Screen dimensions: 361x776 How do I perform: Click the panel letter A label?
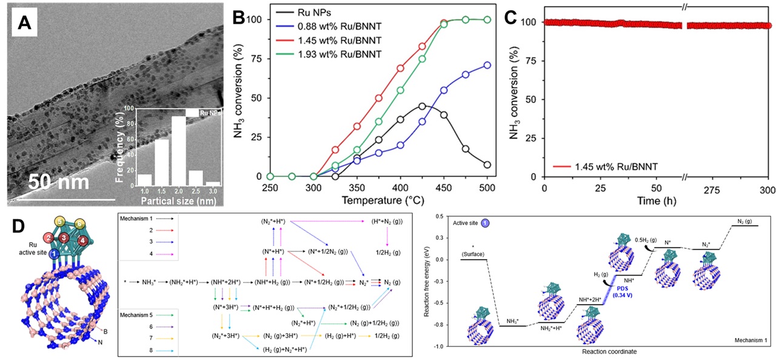click(24, 22)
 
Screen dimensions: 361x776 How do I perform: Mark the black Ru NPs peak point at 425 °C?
click(422, 106)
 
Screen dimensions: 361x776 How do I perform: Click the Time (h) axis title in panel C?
click(655, 199)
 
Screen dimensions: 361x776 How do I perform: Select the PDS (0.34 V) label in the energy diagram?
click(603, 285)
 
